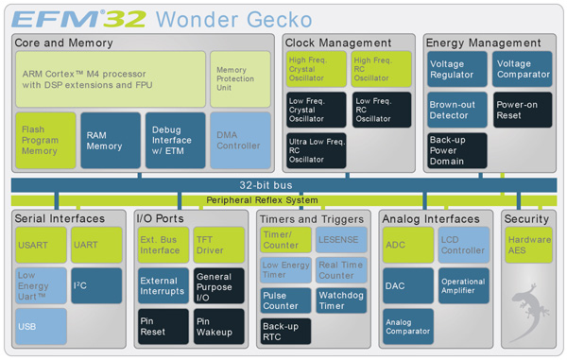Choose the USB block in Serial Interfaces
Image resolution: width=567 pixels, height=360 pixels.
41,326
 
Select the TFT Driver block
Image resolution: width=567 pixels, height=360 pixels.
218,245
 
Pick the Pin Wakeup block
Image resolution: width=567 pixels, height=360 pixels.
218,327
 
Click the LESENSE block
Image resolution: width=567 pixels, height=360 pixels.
340,240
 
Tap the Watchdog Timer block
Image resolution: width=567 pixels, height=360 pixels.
340,300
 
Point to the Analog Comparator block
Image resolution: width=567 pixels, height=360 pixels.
408,327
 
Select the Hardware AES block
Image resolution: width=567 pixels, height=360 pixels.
529,245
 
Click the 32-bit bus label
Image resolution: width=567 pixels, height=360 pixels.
283,185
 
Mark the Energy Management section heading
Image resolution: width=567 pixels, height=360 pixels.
484,43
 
